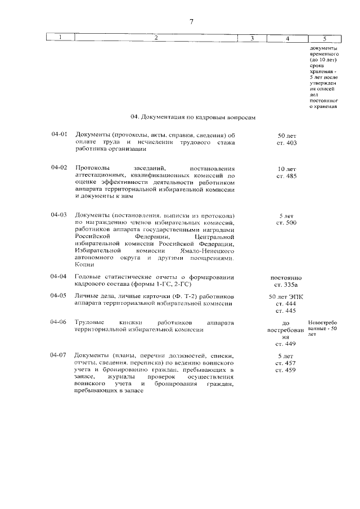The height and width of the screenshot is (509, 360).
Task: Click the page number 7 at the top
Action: [x=191, y=22]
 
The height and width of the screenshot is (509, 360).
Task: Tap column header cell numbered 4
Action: [x=287, y=39]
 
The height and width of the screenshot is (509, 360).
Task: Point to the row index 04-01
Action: [x=59, y=135]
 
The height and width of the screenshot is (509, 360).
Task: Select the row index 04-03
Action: [x=59, y=215]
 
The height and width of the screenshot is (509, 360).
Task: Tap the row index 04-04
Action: [x=59, y=276]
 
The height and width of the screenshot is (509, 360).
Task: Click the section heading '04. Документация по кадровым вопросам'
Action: [x=193, y=118]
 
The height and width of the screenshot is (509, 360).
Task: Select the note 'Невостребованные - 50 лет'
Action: [x=322, y=328]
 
